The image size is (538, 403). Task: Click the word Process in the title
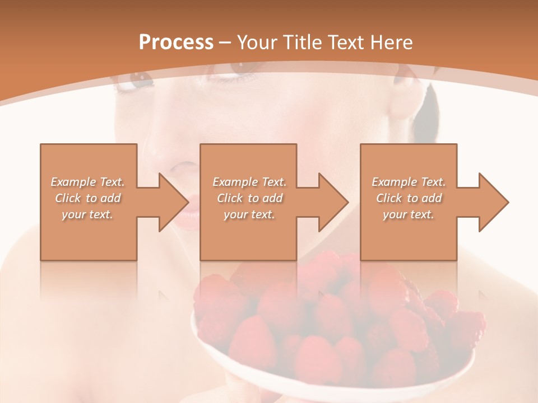(176, 43)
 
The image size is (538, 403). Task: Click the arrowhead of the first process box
(174, 202)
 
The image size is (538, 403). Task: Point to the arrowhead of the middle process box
(333, 202)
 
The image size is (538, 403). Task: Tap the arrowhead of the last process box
(493, 202)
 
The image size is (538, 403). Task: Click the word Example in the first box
(73, 182)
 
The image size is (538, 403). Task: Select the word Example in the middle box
(234, 182)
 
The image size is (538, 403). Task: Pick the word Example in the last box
(393, 182)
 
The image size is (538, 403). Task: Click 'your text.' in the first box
(87, 214)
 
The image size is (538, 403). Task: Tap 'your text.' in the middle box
(249, 214)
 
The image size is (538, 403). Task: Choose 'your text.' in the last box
(409, 214)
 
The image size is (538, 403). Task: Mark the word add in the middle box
(272, 198)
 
